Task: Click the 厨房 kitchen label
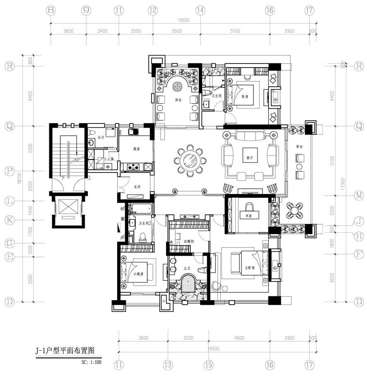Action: [136, 149]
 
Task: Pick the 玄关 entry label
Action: [136, 187]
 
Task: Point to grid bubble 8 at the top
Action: [51, 10]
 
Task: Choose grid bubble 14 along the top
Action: [200, 10]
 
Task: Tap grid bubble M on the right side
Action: [359, 195]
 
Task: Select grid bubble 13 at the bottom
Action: [167, 365]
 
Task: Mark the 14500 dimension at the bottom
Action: [214, 349]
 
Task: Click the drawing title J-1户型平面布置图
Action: [65, 351]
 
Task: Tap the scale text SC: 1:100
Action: [89, 362]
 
